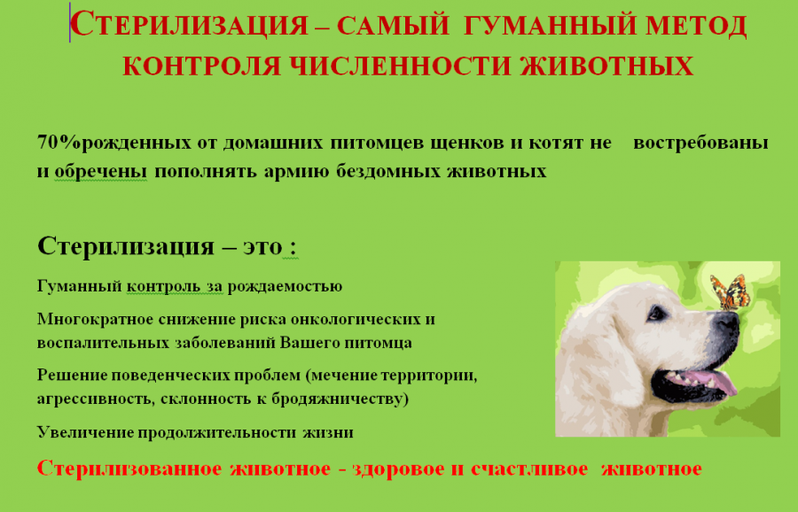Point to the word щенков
(x=466, y=144)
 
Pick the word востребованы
(x=700, y=144)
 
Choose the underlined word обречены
(x=101, y=171)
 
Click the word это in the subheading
(x=262, y=246)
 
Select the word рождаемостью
(x=285, y=287)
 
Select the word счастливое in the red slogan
(x=529, y=469)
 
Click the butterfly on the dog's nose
(x=730, y=292)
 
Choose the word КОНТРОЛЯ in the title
(x=202, y=66)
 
